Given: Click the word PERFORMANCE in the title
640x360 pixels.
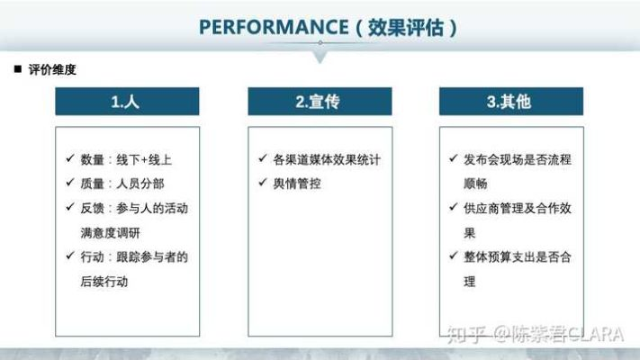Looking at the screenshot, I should point(273,27).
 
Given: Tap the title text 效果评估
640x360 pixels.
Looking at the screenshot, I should point(407,27).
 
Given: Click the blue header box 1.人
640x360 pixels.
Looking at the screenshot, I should point(126,102).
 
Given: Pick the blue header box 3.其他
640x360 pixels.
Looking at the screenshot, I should point(510,102).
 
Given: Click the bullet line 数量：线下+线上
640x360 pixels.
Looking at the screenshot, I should point(125,160).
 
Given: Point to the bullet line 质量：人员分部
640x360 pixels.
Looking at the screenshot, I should point(119,184).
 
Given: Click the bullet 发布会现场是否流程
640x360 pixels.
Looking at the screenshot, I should point(518,160).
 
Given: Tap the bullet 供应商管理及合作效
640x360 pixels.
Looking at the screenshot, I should point(518,208).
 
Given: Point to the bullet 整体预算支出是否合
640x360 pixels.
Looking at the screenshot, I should point(518,256).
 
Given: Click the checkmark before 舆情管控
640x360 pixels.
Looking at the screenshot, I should point(262,184).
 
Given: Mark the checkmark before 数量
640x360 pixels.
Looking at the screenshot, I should point(70,160).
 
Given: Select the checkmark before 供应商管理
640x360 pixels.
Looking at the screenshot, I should point(455,208).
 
